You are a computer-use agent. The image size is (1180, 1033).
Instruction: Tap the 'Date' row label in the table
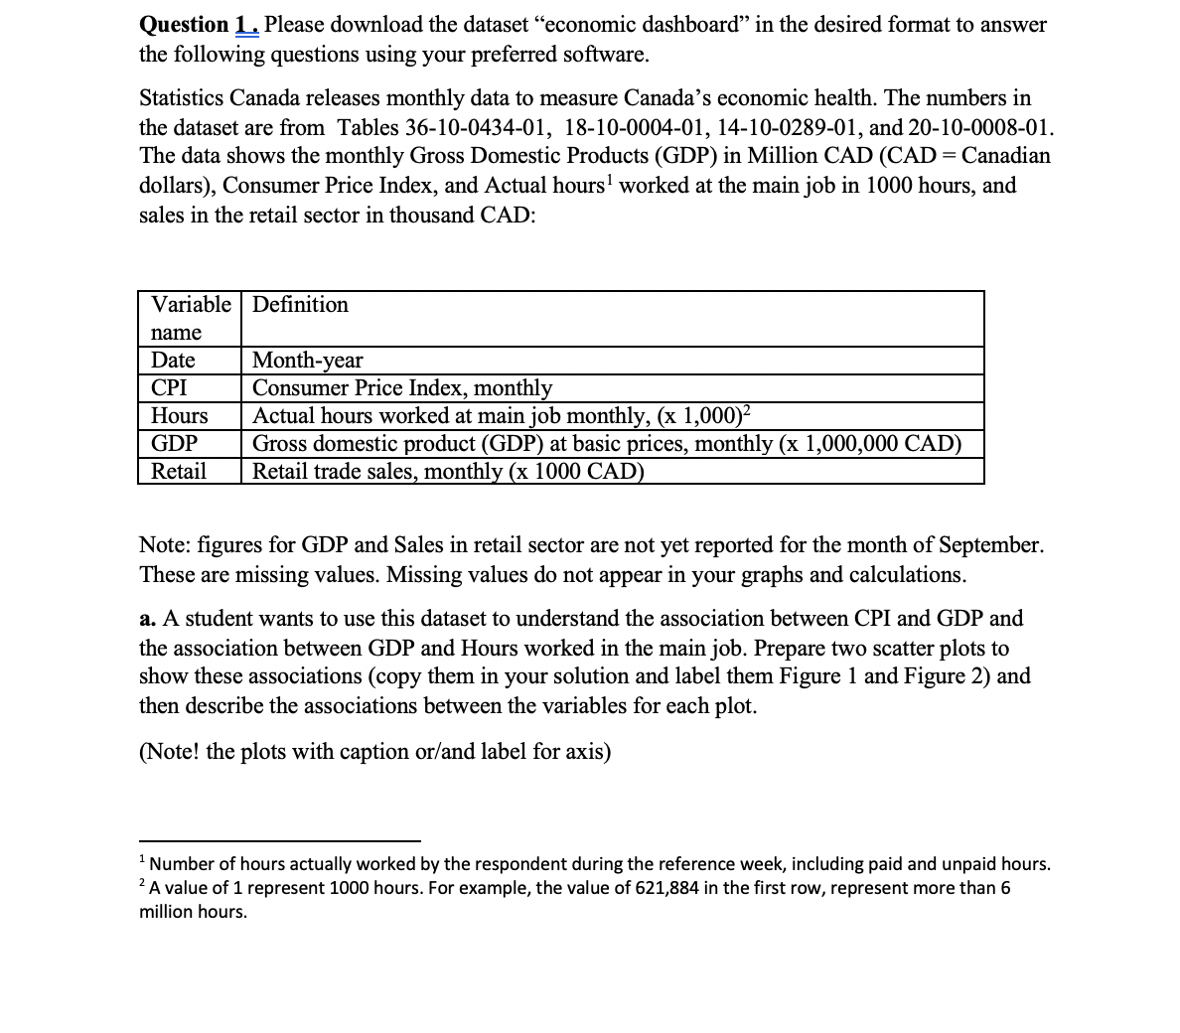coord(173,360)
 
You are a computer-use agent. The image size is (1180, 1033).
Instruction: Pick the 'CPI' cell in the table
coord(169,387)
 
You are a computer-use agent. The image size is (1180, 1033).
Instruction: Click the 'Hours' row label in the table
coord(179,415)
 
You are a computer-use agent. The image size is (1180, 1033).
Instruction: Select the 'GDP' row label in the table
coord(174,443)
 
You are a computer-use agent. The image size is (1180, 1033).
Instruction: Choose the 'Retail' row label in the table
coord(179,471)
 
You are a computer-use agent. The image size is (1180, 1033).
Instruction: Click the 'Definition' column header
coord(300,305)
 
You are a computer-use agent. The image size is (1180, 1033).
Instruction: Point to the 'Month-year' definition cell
coord(308,360)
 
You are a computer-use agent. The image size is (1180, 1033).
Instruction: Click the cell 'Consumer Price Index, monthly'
coord(402,387)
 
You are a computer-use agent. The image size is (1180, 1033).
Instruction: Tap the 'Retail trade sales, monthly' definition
coord(448,471)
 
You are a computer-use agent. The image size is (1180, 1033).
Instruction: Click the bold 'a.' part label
coord(147,619)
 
